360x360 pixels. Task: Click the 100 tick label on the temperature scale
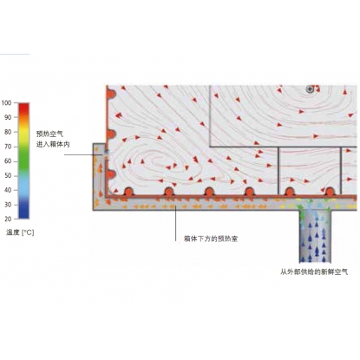[x=6, y=103]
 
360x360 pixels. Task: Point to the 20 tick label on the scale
[x=8, y=219]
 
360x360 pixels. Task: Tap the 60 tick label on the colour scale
[x=8, y=161]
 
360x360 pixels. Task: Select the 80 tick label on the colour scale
[x=8, y=132]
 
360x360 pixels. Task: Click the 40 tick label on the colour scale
[x=8, y=190]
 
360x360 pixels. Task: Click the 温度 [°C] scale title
[x=20, y=232]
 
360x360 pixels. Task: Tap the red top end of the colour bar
[x=23, y=106]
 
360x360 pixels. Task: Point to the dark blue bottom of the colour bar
[x=23, y=214]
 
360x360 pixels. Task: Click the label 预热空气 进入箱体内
[x=53, y=139]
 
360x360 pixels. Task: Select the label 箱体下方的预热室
[x=211, y=239]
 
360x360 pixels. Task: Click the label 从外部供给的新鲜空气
[x=314, y=272]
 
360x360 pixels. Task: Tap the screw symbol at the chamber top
[x=310, y=89]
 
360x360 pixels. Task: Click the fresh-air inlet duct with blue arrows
[x=315, y=236]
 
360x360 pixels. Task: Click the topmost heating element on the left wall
[x=111, y=94]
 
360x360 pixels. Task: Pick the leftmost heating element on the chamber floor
[x=128, y=192]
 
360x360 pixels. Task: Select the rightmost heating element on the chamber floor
[x=330, y=192]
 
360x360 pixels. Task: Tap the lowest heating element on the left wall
[x=111, y=174]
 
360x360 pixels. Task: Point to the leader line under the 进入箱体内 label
[x=83, y=154]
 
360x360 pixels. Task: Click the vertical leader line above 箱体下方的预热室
[x=176, y=223]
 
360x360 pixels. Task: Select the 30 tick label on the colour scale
[x=8, y=205]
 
